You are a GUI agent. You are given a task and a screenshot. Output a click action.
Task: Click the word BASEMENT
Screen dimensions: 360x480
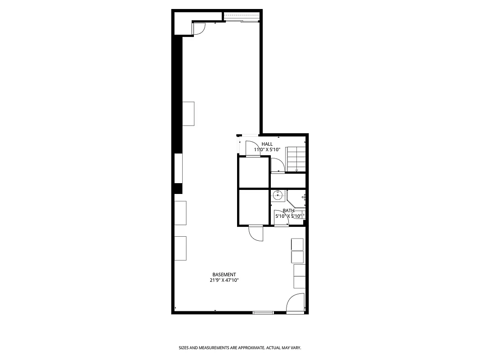[224, 274]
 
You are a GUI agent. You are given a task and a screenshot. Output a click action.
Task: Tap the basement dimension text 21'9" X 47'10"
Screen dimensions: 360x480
[224, 280]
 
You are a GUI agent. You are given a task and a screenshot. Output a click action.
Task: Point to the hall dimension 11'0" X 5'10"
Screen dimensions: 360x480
[267, 149]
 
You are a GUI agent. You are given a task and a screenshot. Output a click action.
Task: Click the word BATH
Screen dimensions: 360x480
[288, 211]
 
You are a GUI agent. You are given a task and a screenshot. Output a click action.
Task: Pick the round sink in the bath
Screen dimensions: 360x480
[278, 195]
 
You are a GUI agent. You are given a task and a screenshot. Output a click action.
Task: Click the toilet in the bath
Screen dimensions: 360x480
[302, 215]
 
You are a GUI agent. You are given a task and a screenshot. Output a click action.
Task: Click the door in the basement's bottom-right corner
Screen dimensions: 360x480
[296, 302]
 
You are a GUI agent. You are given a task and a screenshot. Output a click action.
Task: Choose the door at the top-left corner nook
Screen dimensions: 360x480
[199, 29]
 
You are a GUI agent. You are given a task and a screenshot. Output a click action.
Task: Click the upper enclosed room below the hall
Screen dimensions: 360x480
[254, 172]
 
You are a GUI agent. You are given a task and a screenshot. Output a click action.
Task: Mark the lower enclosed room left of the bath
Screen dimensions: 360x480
[254, 207]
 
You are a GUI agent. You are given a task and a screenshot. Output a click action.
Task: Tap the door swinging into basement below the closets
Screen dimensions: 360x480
[256, 233]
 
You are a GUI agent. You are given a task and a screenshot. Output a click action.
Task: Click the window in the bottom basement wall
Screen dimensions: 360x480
[263, 312]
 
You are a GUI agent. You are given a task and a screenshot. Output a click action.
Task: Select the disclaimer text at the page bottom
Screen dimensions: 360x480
[240, 348]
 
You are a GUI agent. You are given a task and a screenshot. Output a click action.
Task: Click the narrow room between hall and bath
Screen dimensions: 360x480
[288, 180]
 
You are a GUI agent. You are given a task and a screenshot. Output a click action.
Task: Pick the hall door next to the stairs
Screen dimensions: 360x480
[278, 166]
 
